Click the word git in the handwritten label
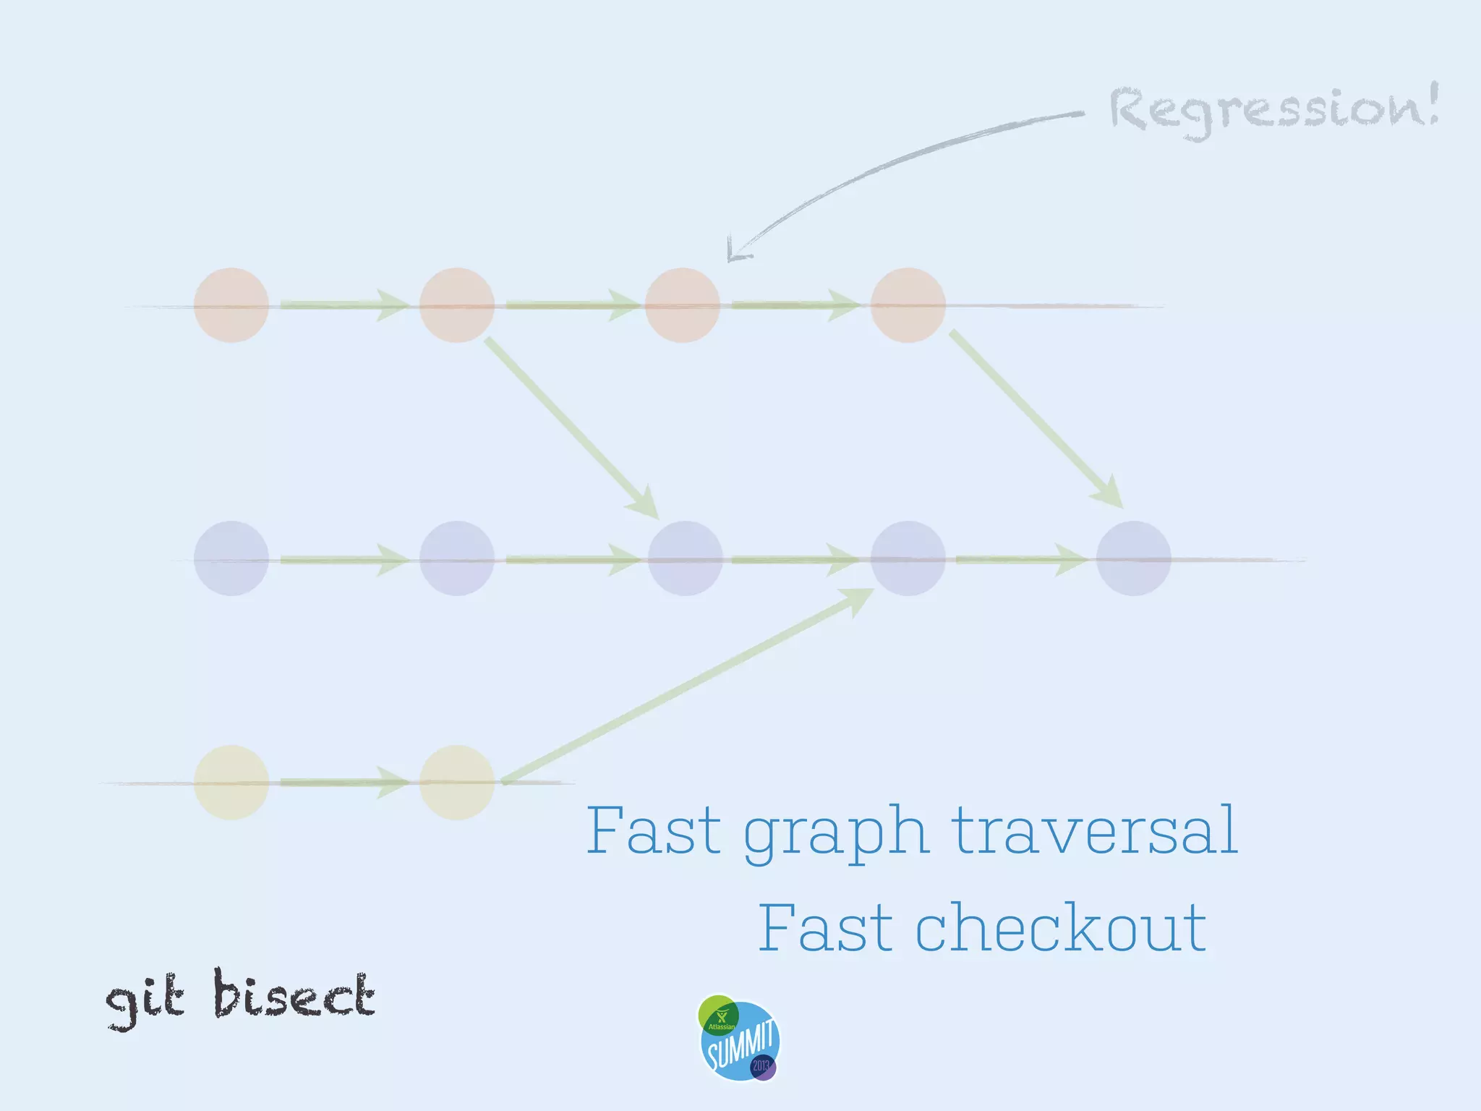(x=145, y=1000)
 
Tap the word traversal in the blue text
(x=1093, y=831)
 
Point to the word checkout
(x=1061, y=929)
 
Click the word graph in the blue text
(x=835, y=833)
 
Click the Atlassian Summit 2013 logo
(x=738, y=1039)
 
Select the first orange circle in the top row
(x=231, y=305)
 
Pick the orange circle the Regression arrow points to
(x=682, y=305)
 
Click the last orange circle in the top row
(x=908, y=305)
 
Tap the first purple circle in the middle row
(x=231, y=558)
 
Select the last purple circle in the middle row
(x=1133, y=558)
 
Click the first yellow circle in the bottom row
(x=231, y=783)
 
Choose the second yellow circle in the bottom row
(x=456, y=783)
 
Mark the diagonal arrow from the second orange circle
(x=571, y=427)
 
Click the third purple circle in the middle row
(x=685, y=558)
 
